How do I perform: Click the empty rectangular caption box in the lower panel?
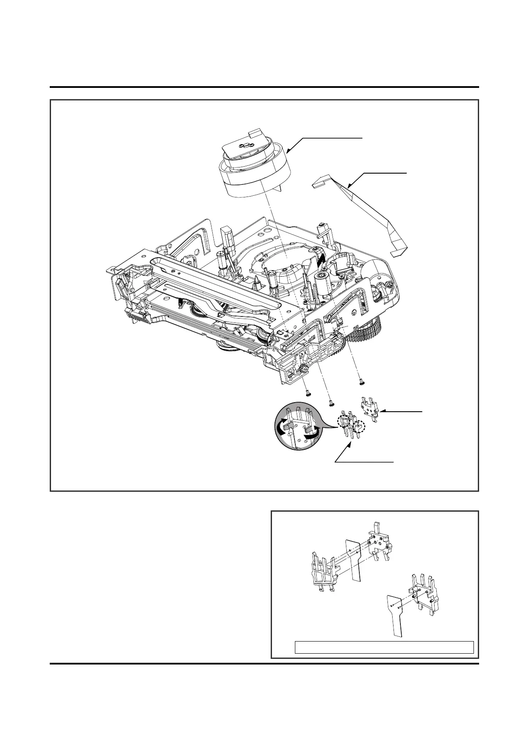[x=384, y=647]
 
